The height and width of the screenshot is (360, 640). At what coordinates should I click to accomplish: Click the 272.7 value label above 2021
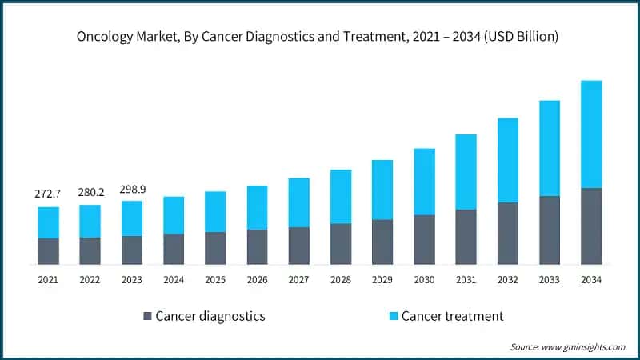pyautogui.click(x=48, y=194)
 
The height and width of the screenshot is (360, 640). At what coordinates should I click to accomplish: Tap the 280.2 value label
pyautogui.click(x=90, y=193)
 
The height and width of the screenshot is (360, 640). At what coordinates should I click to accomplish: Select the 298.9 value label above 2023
pyautogui.click(x=132, y=188)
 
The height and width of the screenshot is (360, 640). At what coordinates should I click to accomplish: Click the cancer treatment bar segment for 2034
pyautogui.click(x=591, y=134)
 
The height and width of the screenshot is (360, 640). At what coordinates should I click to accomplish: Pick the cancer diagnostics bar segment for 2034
pyautogui.click(x=591, y=226)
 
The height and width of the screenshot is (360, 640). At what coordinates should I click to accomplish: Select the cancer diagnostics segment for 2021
pyautogui.click(x=48, y=251)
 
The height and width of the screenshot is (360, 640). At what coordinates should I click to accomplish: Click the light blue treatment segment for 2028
pyautogui.click(x=341, y=197)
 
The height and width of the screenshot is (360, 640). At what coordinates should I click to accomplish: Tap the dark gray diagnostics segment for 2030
pyautogui.click(x=424, y=239)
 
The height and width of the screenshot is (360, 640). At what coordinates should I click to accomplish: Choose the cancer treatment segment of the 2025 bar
pyautogui.click(x=215, y=212)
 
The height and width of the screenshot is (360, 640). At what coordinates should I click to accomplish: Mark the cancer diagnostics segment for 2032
pyautogui.click(x=508, y=233)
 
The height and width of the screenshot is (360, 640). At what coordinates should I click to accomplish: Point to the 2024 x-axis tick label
pyautogui.click(x=174, y=280)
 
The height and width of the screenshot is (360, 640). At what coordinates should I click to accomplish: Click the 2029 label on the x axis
pyautogui.click(x=382, y=280)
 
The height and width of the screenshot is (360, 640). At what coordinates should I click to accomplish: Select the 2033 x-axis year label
pyautogui.click(x=550, y=280)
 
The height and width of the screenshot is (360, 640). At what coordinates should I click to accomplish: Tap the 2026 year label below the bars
pyautogui.click(x=257, y=280)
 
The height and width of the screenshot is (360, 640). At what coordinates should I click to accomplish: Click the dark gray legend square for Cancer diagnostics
pyautogui.click(x=146, y=316)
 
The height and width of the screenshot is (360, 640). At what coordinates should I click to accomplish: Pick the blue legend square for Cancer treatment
pyautogui.click(x=392, y=316)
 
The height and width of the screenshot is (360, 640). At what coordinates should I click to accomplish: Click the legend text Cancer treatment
pyautogui.click(x=453, y=316)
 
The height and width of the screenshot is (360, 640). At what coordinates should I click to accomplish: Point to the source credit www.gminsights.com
pyautogui.click(x=582, y=346)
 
